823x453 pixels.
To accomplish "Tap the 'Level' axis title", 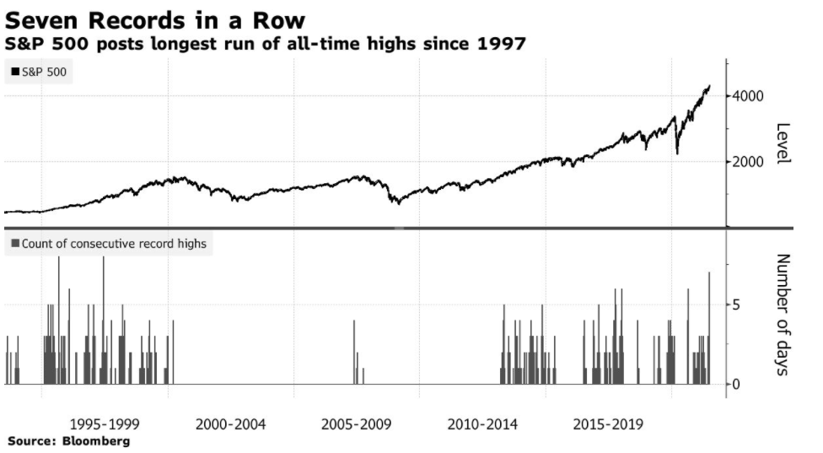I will [x=783, y=144].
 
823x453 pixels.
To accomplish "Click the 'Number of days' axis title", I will [x=783, y=314].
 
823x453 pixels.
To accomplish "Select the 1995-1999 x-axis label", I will [x=105, y=424].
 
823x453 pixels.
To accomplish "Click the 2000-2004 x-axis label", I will [x=230, y=424].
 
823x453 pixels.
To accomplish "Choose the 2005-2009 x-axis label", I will [x=357, y=424].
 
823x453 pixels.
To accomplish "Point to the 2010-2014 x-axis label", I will [x=482, y=424].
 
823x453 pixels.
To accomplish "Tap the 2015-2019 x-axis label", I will [x=608, y=424].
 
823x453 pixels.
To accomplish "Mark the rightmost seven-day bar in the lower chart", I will [x=709, y=329].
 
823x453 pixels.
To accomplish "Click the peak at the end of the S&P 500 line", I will [x=709, y=86].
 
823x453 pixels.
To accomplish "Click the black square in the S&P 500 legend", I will [x=15, y=73].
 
